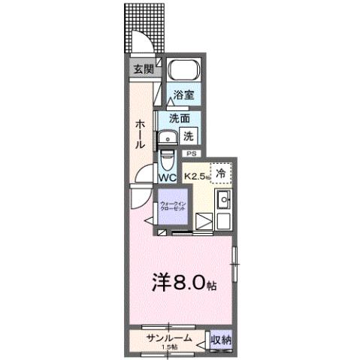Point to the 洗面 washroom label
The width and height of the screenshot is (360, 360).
click(179, 119)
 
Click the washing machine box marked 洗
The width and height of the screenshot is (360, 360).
click(189, 137)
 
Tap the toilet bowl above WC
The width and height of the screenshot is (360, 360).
click(167, 160)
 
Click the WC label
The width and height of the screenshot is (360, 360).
click(168, 178)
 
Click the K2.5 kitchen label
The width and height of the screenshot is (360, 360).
click(196, 177)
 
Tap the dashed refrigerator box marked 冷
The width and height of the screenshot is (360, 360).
click(221, 174)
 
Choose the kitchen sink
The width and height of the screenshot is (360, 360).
click(222, 201)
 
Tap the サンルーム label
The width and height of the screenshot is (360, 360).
click(168, 337)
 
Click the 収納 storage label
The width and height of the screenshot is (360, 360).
click(220, 340)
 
